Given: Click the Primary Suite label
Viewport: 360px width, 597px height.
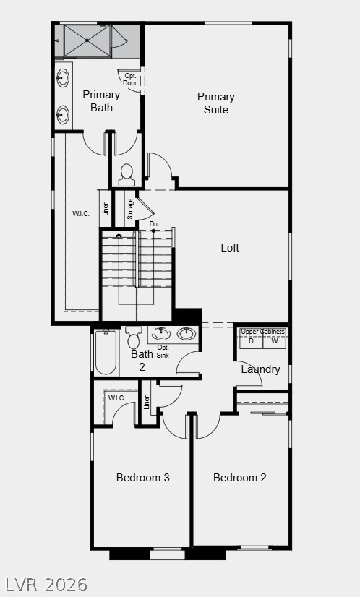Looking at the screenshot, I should (x=216, y=103).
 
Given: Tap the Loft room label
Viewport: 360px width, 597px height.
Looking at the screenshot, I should (x=230, y=248).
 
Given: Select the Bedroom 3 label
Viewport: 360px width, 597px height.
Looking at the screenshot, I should (x=143, y=477).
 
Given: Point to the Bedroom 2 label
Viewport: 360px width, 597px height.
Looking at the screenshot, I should (x=240, y=477).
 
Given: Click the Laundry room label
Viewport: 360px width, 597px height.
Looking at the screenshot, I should (x=260, y=369).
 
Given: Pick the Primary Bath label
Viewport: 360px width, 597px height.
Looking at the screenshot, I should (x=101, y=100).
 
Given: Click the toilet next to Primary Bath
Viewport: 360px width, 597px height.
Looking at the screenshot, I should (x=127, y=174).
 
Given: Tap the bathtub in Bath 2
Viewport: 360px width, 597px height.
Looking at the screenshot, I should (x=106, y=353).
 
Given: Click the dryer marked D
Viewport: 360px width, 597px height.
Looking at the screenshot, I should (x=251, y=341).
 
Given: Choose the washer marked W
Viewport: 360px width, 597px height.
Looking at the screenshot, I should (x=274, y=341).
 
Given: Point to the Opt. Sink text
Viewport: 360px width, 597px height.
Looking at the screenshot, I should (x=163, y=351).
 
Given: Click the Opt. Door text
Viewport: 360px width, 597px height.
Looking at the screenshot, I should (x=130, y=79).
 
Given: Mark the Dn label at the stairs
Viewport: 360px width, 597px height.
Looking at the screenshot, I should (x=153, y=224).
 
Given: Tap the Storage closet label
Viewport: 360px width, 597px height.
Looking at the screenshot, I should (x=130, y=208).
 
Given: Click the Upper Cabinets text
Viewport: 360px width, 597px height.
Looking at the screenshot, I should (x=262, y=332).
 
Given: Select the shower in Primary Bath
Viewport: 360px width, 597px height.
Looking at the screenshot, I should (x=91, y=40).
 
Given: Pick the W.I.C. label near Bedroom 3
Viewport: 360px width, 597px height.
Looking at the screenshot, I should (x=116, y=398).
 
